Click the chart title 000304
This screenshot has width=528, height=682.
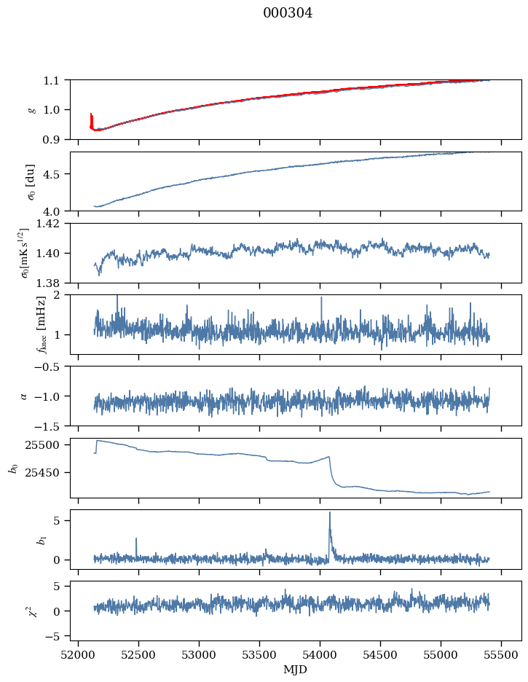(288, 13)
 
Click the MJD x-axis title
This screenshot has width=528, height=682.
(296, 669)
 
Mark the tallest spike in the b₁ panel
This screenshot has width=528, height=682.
(330, 513)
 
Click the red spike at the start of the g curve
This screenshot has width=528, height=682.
(91, 119)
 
